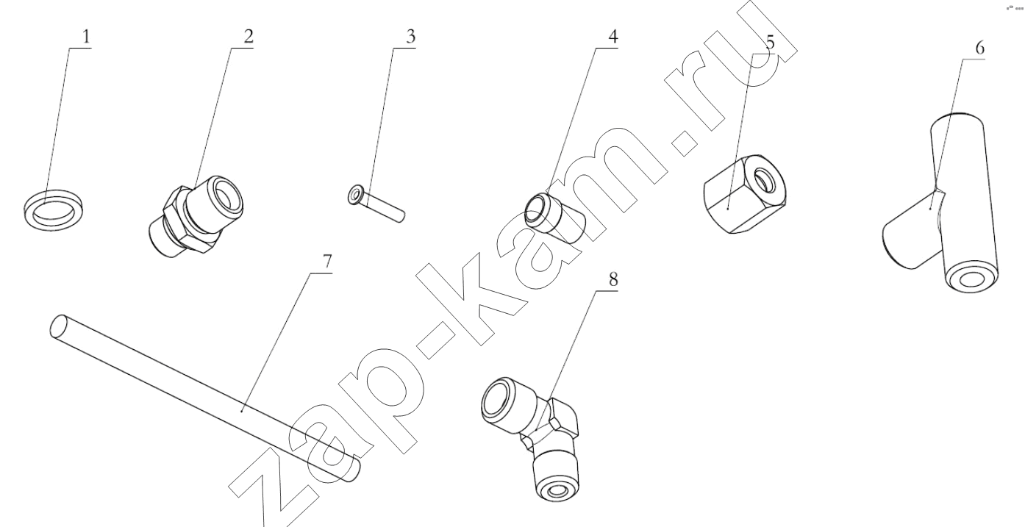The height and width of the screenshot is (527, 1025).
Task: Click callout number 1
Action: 87,37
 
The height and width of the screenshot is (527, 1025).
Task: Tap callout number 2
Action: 249,37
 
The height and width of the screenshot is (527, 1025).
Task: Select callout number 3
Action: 410,37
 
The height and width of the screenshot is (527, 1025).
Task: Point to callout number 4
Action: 612,37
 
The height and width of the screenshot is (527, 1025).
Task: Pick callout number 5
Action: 770,43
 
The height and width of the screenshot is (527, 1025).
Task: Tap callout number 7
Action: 326,261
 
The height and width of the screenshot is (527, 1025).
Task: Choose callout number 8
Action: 613,279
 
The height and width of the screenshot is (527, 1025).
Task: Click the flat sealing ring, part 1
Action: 54,209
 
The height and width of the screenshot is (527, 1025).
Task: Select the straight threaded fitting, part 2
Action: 196,217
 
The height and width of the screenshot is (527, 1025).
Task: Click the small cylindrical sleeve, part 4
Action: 554,218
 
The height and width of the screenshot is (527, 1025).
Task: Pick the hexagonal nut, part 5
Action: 745,193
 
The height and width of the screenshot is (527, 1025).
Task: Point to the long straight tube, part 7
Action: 205,398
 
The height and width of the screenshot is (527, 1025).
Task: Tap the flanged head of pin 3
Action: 354,196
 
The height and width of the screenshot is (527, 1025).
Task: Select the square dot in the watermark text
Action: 686,143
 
